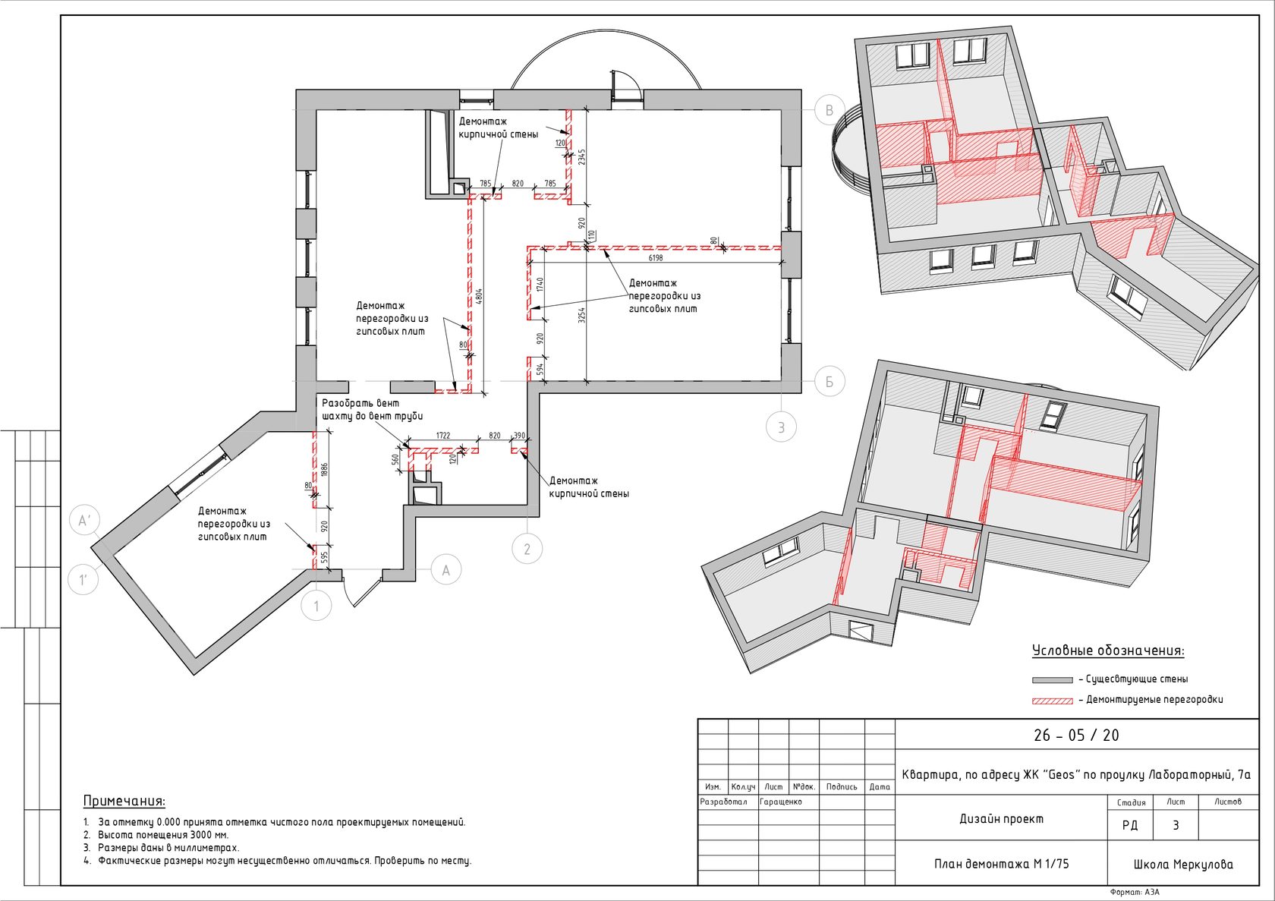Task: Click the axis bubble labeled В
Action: [830, 110]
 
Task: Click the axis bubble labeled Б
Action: [830, 381]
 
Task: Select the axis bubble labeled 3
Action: [781, 427]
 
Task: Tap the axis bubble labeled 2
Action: [527, 549]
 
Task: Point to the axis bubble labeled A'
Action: [84, 520]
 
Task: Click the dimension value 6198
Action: [656, 258]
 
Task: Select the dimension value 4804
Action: [479, 297]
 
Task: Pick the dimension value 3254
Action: [581, 315]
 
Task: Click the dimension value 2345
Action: [581, 157]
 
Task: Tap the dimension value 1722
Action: [443, 436]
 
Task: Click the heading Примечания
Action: [124, 801]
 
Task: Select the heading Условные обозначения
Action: [1108, 651]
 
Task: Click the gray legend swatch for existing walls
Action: [1053, 680]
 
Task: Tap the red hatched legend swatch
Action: [1053, 701]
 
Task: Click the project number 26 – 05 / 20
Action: [1076, 736]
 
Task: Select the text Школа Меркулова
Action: [1183, 865]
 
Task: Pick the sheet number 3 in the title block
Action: [1176, 825]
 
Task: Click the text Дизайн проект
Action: [1002, 819]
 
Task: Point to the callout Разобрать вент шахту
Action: [372, 410]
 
